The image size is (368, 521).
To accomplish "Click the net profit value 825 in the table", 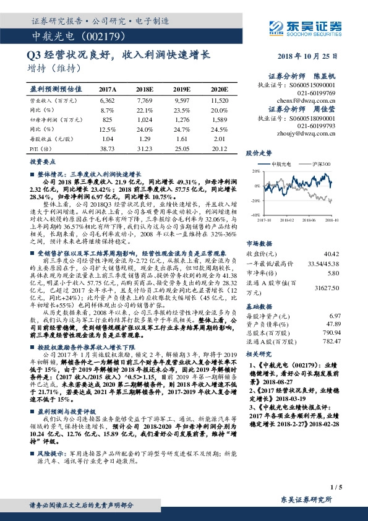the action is coord(107,119).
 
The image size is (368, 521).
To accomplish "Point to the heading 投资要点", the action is coord(41,160).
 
